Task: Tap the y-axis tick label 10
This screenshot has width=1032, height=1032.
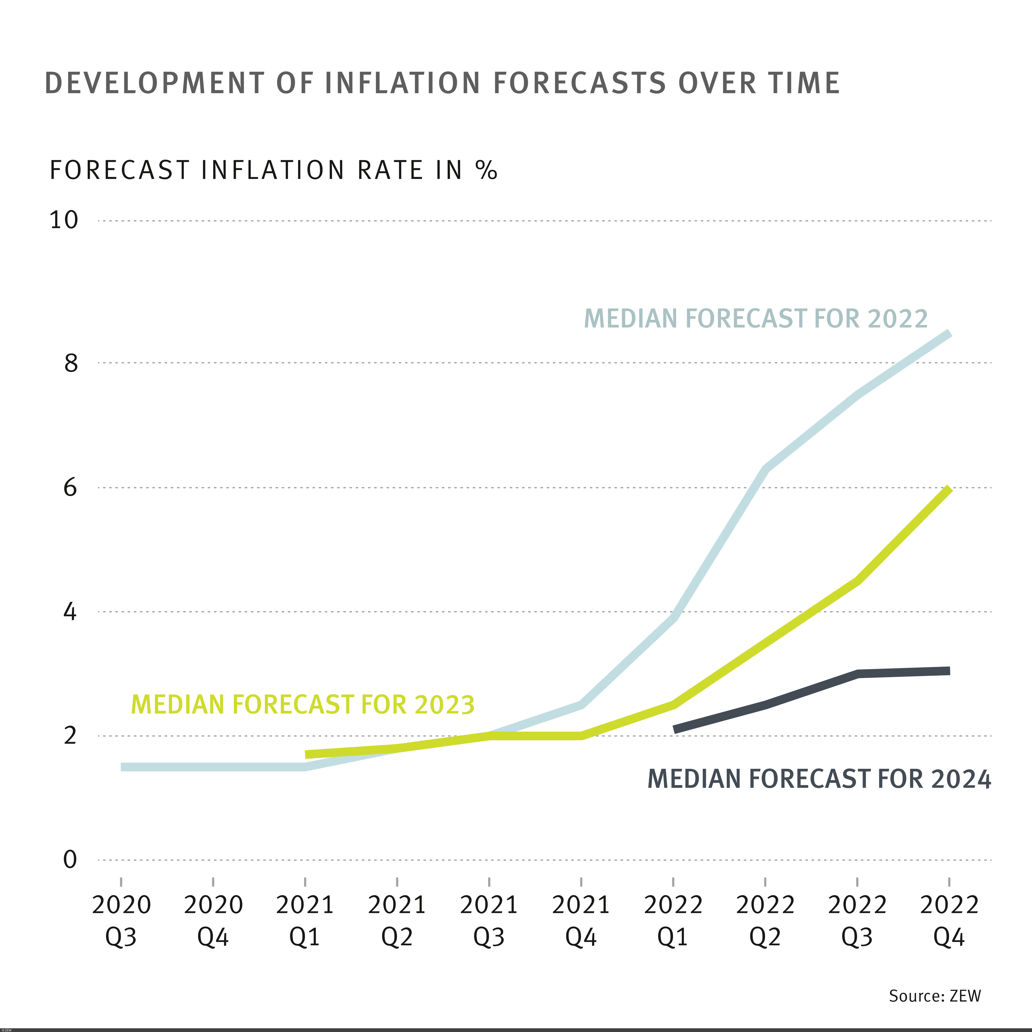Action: (64, 220)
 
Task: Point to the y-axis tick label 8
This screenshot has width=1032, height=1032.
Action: (71, 363)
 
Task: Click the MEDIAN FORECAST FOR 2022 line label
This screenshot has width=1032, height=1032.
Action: (756, 319)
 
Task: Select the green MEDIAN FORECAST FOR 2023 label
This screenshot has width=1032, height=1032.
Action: (303, 705)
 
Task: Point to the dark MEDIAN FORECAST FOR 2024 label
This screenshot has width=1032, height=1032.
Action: (819, 779)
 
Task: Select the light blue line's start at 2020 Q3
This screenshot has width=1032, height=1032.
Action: (122, 767)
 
